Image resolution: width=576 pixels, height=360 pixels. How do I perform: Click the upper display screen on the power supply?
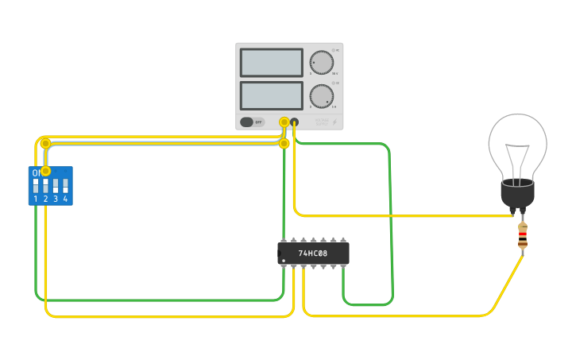pyautogui.click(x=271, y=63)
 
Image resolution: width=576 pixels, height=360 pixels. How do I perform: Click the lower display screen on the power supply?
pyautogui.click(x=271, y=96)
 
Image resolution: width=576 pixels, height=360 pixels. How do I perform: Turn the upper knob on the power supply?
pyautogui.click(x=321, y=63)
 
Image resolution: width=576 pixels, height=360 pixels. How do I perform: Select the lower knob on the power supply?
pyautogui.click(x=321, y=96)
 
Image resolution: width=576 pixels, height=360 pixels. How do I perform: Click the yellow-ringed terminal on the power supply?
pyautogui.click(x=284, y=122)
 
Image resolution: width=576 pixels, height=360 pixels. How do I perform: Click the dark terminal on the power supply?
pyautogui.click(x=295, y=122)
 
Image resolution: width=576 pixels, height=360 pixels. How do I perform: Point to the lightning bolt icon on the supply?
pyautogui.click(x=334, y=122)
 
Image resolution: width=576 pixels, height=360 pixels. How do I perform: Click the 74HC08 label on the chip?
pyautogui.click(x=313, y=254)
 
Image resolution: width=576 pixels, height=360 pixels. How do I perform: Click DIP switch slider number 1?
pyautogui.click(x=36, y=186)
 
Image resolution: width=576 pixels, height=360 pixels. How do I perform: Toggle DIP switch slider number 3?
pyautogui.click(x=56, y=186)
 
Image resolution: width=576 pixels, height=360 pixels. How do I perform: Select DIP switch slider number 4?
pyautogui.click(x=65, y=186)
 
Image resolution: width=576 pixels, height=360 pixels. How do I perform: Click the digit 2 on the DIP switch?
pyautogui.click(x=45, y=199)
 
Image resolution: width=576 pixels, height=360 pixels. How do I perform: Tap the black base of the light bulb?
pyautogui.click(x=517, y=193)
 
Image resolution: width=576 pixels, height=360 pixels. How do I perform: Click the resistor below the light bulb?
pyautogui.click(x=522, y=235)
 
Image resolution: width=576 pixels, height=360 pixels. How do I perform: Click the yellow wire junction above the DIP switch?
pyautogui.click(x=45, y=143)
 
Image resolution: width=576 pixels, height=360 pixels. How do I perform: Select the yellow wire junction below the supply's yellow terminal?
pyautogui.click(x=284, y=144)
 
